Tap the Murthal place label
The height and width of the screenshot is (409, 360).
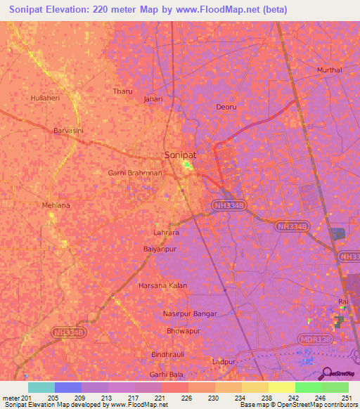coord(329,70)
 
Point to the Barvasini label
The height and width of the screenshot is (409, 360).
coord(69,130)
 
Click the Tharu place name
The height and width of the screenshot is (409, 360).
coord(122,91)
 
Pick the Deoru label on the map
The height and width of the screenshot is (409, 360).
coord(226,107)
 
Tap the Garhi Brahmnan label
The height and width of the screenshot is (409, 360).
coord(135,172)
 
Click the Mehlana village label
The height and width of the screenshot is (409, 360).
coord(56,204)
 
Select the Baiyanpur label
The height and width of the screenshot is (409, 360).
coord(159,249)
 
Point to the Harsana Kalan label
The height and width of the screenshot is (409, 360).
coord(163,285)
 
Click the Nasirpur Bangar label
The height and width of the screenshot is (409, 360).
coord(190,313)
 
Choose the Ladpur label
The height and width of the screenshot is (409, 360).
coord(223,361)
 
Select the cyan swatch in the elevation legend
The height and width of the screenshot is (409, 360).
coord(41,387)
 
